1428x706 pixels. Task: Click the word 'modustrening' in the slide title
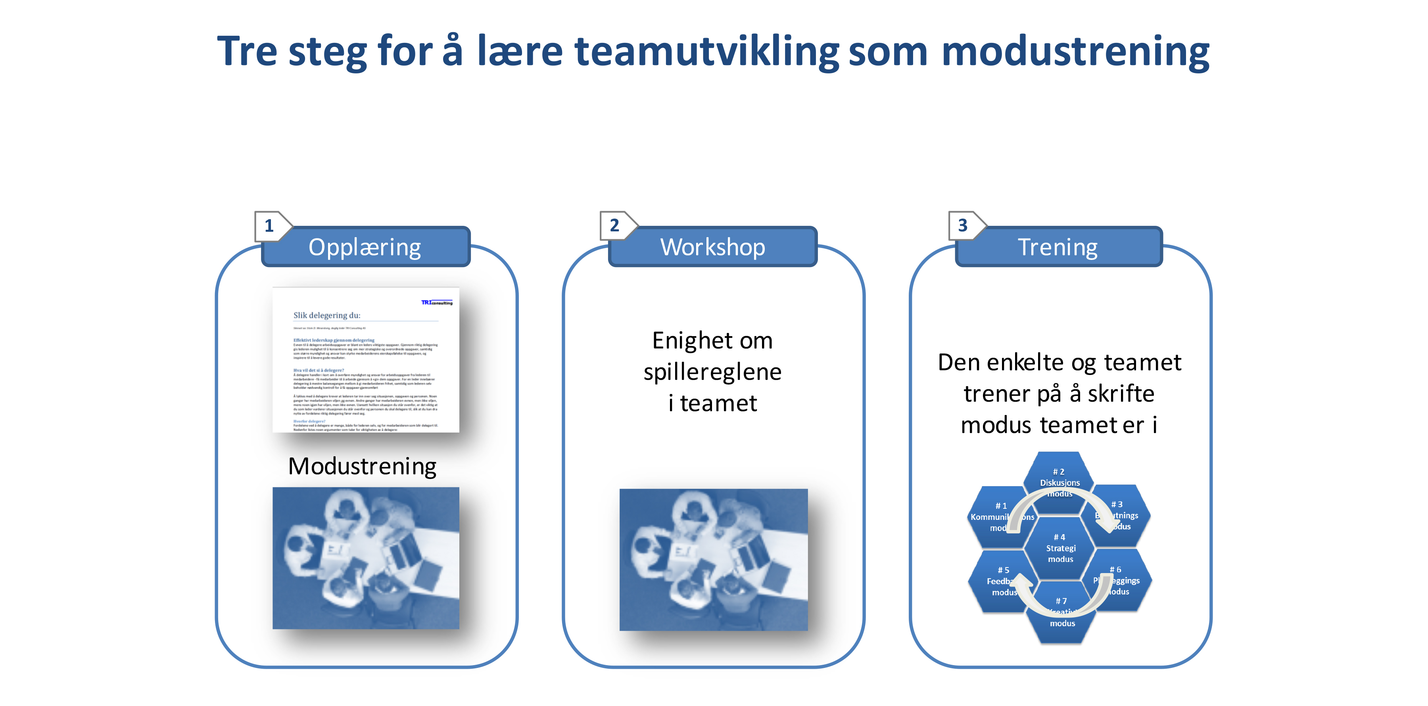[x=1074, y=52]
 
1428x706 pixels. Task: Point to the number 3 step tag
[x=963, y=226]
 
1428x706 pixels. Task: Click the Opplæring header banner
[x=365, y=247]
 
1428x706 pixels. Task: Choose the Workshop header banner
[x=712, y=247]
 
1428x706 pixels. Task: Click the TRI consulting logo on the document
[x=437, y=302]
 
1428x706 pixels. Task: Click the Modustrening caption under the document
[x=363, y=466]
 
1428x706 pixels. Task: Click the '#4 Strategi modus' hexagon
[x=1060, y=548]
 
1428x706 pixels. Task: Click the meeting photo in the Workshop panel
[x=714, y=560]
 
